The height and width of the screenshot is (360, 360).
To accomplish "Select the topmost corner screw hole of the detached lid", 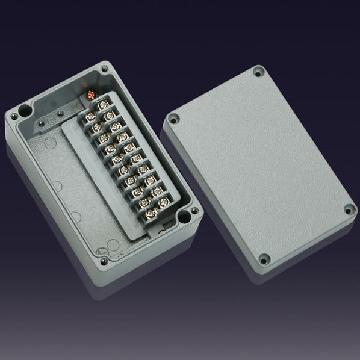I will (x=259, y=72).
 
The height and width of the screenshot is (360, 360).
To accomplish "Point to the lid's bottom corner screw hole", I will (x=263, y=259).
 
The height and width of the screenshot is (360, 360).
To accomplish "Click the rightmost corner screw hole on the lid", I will (x=349, y=209).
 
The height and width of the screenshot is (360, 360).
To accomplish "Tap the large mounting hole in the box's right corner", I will (x=194, y=212).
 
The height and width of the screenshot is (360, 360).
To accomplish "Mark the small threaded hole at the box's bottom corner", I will (x=104, y=262).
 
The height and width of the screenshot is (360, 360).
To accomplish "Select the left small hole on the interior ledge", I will (x=42, y=124).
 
